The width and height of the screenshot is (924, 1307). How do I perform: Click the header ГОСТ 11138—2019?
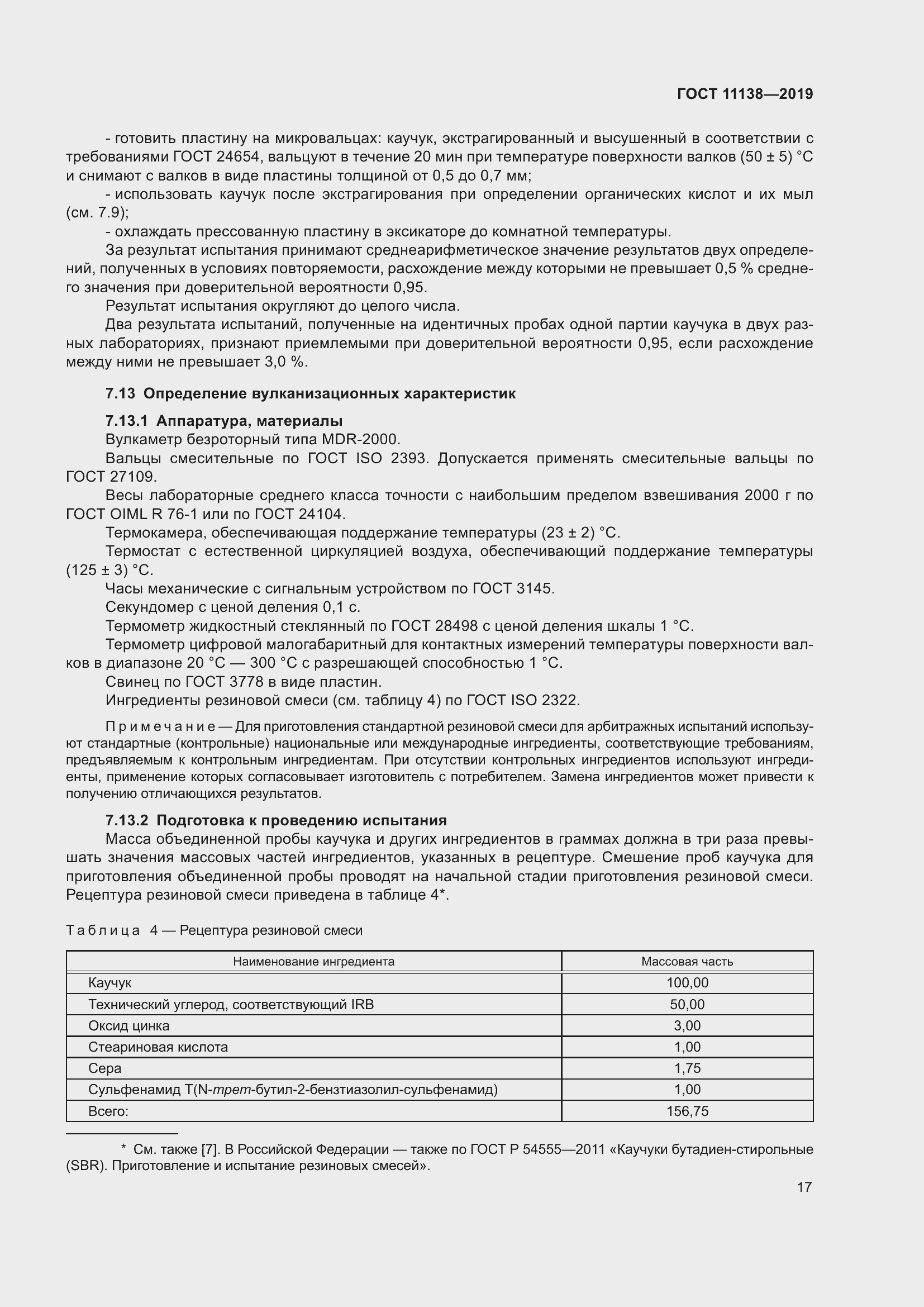745,94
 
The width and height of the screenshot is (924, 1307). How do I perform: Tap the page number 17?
804,1187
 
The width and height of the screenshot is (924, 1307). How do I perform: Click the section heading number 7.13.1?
126,421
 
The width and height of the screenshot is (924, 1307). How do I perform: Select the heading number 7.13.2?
126,820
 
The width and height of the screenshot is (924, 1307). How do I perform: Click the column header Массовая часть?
687,962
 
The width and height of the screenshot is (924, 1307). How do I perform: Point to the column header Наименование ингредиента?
313,962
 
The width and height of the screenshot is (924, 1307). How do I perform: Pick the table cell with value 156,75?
687,1111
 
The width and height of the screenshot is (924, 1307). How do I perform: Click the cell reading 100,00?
687,983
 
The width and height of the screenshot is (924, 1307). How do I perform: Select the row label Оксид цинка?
128,1026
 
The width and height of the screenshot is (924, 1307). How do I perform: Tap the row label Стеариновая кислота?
158,1047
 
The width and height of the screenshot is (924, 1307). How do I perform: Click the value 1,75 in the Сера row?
687,1068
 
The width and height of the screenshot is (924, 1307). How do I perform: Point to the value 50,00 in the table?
687,1005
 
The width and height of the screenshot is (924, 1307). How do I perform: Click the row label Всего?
108,1111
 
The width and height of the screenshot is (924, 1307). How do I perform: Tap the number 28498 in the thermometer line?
456,626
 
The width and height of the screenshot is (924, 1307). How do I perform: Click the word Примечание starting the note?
160,727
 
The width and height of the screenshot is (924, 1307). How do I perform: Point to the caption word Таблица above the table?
103,930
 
